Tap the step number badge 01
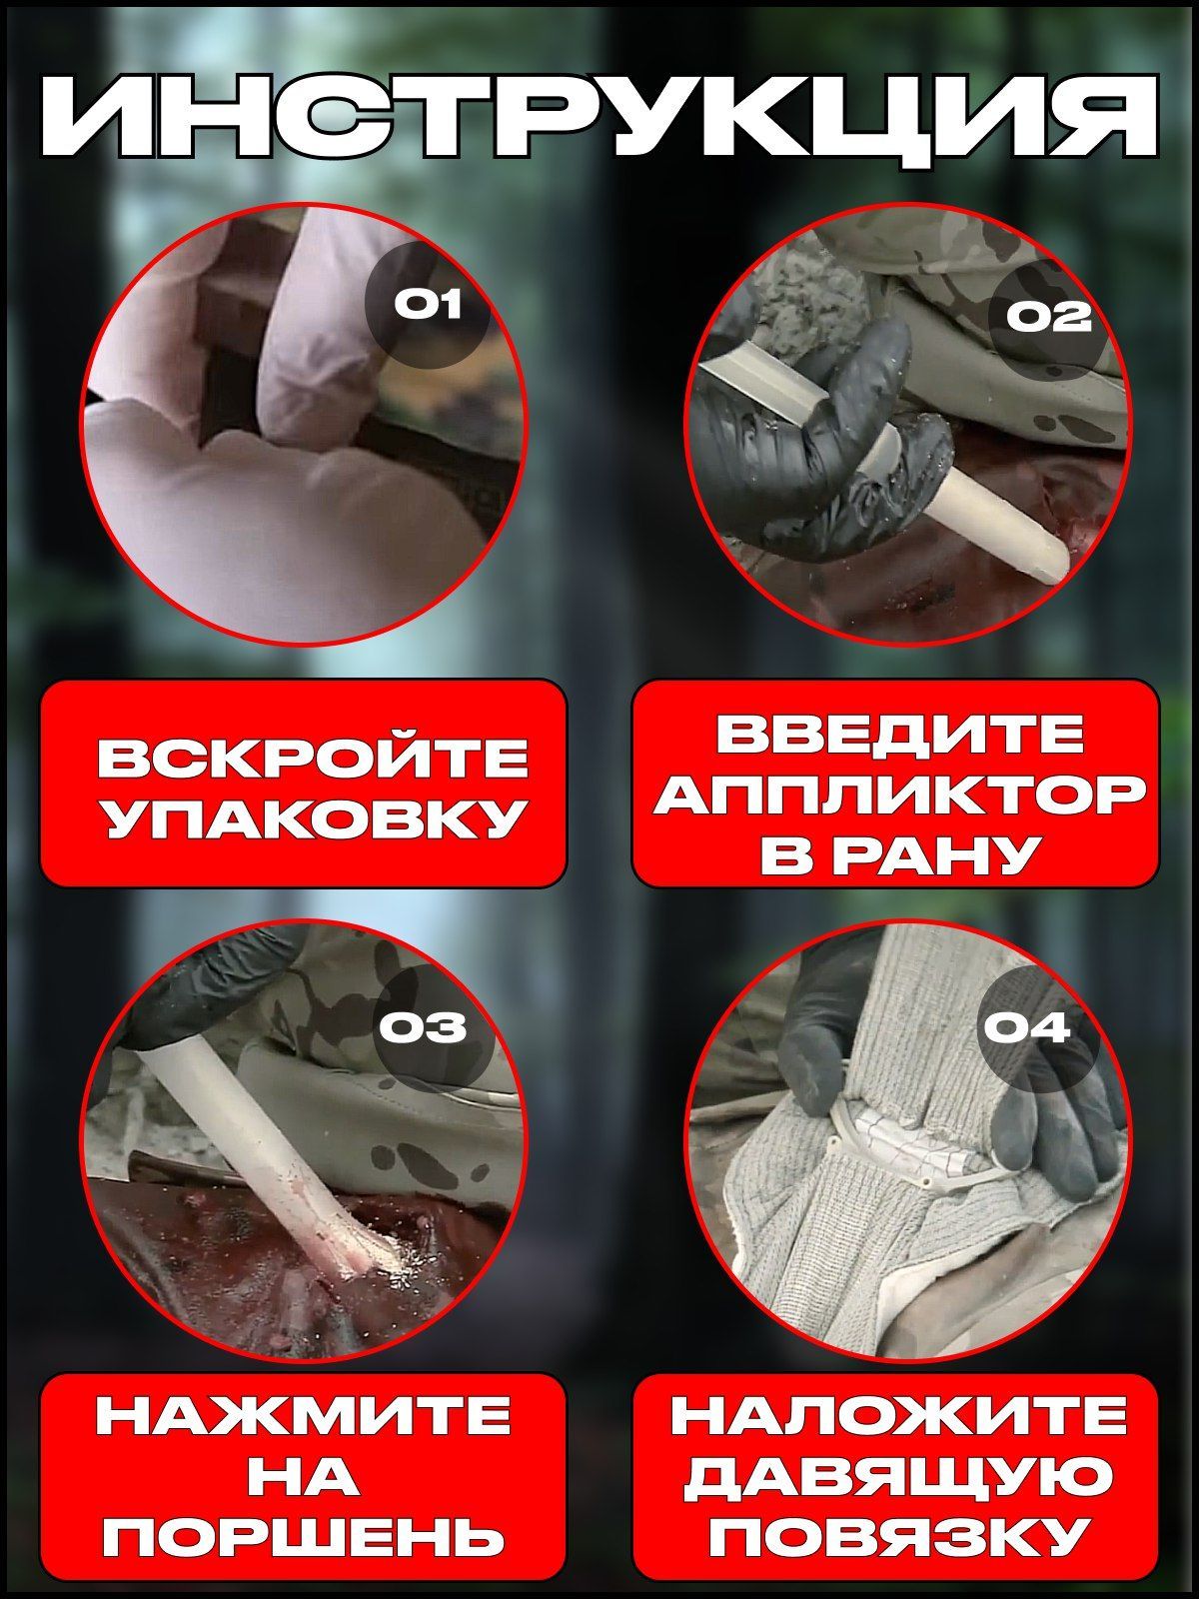click(429, 304)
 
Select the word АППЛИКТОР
click(894, 795)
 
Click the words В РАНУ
click(894, 855)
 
